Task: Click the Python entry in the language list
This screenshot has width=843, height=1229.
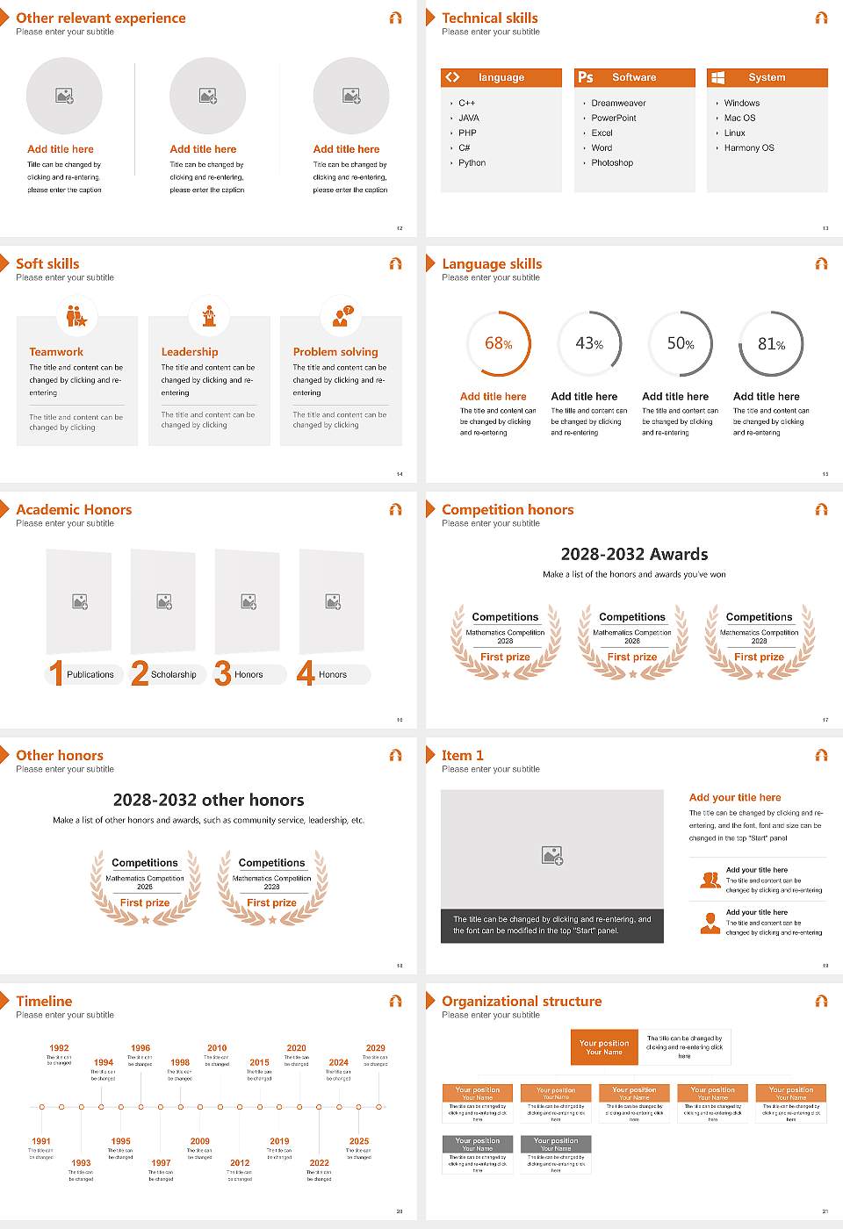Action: pyautogui.click(x=472, y=162)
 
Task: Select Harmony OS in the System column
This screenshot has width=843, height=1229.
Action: pyautogui.click(x=749, y=147)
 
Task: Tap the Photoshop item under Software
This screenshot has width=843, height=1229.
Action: pyautogui.click(x=612, y=162)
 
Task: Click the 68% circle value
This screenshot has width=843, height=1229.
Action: pyautogui.click(x=498, y=343)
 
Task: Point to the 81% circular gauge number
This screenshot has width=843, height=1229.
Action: pyautogui.click(x=771, y=344)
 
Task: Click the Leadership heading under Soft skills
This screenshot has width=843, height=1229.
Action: pyautogui.click(x=190, y=351)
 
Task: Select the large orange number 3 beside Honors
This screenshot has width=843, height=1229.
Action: pyautogui.click(x=223, y=673)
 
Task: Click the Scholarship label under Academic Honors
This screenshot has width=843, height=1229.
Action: pyautogui.click(x=174, y=674)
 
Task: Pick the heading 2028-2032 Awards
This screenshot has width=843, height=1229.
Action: pyautogui.click(x=634, y=554)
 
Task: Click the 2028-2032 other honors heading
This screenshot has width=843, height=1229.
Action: pyautogui.click(x=208, y=800)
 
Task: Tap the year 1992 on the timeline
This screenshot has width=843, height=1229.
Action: pyautogui.click(x=59, y=1047)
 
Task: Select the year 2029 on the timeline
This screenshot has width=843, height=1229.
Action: pyautogui.click(x=375, y=1047)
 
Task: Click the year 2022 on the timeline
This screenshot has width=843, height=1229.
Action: pyautogui.click(x=319, y=1162)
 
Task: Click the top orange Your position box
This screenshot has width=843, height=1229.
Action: pyautogui.click(x=604, y=1047)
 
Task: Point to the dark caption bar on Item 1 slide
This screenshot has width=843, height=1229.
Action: pyautogui.click(x=551, y=925)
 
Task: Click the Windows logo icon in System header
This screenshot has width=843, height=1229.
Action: pyautogui.click(x=717, y=77)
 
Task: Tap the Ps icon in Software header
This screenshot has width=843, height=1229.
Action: pyautogui.click(x=586, y=77)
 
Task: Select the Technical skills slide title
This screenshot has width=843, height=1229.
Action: pyautogui.click(x=490, y=18)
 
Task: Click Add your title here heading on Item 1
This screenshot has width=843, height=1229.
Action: pyautogui.click(x=735, y=797)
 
